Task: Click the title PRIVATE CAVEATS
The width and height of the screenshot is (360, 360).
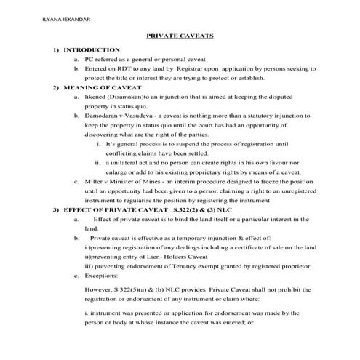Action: tap(180, 34)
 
